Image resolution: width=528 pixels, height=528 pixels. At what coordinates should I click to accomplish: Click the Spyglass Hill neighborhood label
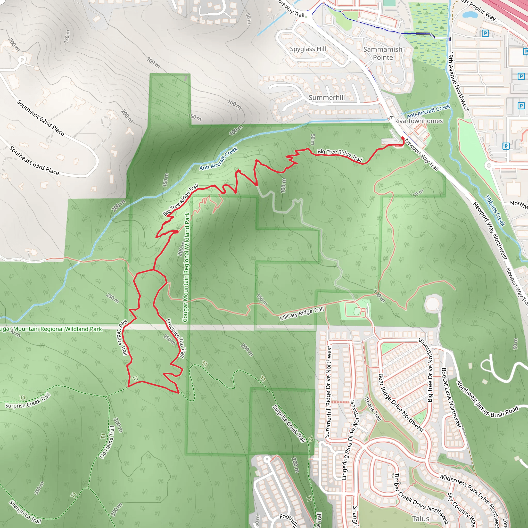308,49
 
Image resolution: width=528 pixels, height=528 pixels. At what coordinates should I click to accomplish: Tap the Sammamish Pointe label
383,53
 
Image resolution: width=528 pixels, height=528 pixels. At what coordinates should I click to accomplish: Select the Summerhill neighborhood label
327,97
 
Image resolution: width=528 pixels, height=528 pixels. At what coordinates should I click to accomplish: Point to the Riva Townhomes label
418,121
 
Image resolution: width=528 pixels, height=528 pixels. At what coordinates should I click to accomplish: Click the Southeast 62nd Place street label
41,118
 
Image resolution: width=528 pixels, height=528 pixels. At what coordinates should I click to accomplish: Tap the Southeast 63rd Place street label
34,161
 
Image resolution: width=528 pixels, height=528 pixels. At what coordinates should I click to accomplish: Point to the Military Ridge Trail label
301,313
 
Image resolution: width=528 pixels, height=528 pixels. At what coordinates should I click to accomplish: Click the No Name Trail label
107,442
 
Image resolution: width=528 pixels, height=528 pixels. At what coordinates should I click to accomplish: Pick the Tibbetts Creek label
495,210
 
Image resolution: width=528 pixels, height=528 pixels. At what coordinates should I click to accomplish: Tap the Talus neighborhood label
420,518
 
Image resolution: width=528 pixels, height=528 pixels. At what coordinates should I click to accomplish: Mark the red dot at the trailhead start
402,138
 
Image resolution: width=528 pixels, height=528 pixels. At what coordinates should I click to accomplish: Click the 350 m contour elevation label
39,488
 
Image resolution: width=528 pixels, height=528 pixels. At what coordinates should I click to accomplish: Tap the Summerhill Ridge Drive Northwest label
328,391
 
